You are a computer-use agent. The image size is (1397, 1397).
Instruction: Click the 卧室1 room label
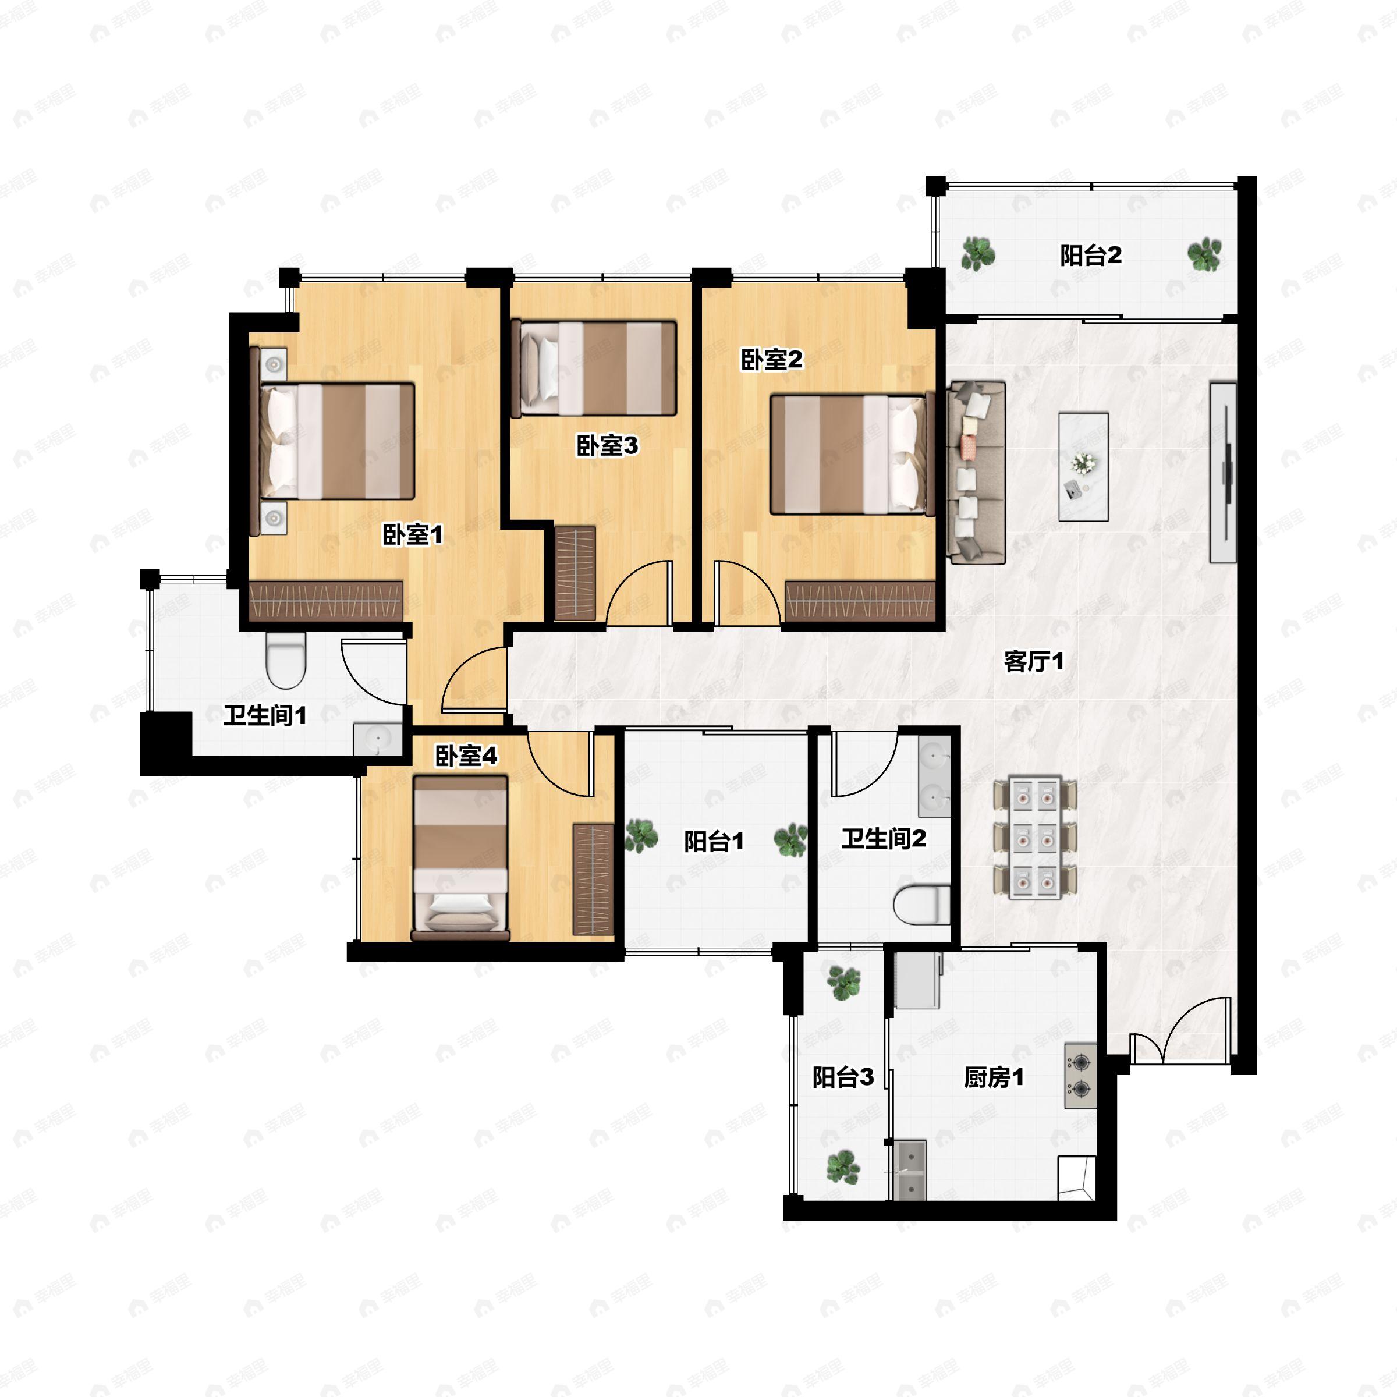(x=412, y=535)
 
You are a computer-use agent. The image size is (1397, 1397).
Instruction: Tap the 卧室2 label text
(x=771, y=359)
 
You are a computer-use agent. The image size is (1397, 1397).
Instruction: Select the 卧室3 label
(x=607, y=445)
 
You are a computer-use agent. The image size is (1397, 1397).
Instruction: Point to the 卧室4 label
(x=466, y=756)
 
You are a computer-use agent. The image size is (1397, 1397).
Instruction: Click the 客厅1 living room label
(x=1034, y=661)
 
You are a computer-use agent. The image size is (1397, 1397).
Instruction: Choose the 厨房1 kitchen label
(x=994, y=1077)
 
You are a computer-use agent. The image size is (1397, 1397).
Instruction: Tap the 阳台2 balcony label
(x=1090, y=256)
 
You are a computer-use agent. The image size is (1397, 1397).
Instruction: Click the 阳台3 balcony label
(x=842, y=1077)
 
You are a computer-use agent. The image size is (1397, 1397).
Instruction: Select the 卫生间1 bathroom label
(x=265, y=716)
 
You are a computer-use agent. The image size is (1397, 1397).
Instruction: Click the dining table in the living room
(x=1036, y=838)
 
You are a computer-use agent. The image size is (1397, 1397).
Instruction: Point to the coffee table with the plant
(x=1083, y=466)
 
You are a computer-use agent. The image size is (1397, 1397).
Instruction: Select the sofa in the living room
(x=976, y=472)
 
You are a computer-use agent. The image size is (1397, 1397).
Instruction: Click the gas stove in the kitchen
(x=1080, y=1075)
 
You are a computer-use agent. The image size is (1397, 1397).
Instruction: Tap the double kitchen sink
(x=910, y=1169)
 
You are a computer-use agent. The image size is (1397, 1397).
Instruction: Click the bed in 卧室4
(x=460, y=856)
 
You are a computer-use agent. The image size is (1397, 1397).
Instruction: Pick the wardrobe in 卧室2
(x=860, y=601)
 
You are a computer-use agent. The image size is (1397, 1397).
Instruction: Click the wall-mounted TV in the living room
(x=1223, y=472)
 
